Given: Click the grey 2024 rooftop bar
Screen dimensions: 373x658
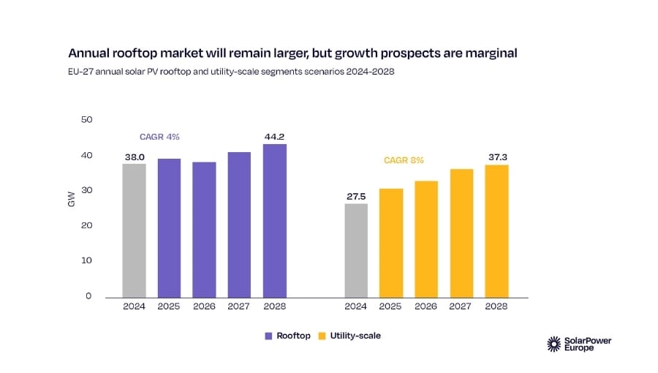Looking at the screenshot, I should (134, 230).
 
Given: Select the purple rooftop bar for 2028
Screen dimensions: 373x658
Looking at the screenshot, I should (275, 219).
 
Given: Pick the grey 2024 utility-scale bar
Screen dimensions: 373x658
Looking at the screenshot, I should (356, 249).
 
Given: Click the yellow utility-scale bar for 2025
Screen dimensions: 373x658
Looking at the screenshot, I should (391, 242).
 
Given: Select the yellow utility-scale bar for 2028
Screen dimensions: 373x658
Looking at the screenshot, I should (496, 230).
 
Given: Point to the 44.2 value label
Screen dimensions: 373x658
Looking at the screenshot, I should (275, 136).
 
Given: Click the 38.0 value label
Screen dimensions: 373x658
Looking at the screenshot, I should (134, 156).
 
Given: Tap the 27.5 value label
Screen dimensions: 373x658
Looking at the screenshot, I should (356, 196).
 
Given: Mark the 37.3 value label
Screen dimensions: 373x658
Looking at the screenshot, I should (496, 157).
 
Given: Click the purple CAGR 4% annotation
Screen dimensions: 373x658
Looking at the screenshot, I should (159, 137).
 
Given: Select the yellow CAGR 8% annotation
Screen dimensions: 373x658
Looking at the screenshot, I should (404, 160).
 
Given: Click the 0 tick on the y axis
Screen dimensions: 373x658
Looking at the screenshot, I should (88, 296).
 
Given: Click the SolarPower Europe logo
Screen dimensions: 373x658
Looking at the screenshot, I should (575, 344).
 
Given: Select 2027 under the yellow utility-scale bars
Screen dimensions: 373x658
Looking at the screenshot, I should (461, 307).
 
